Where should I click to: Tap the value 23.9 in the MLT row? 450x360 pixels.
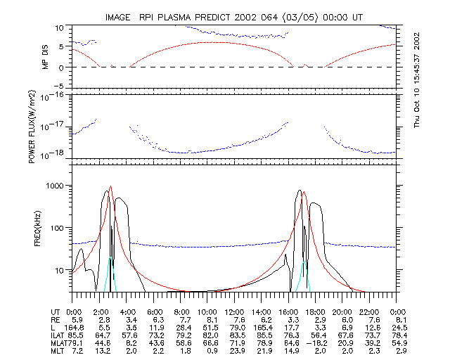[235, 351]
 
